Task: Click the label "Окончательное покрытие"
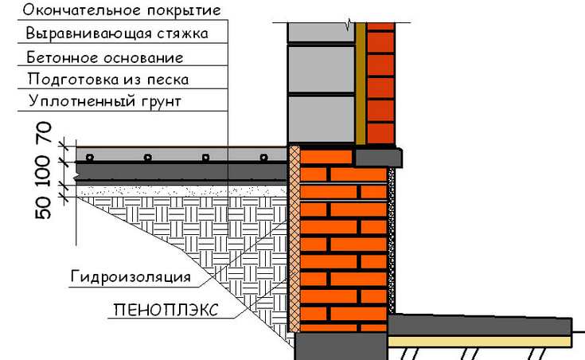click(122, 10)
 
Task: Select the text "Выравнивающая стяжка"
click(117, 33)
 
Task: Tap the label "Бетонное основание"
click(105, 57)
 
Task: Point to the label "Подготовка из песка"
click(108, 79)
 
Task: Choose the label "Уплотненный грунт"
click(105, 102)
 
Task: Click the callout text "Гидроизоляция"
click(131, 277)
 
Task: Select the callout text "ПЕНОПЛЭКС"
click(166, 310)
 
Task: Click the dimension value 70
click(43, 133)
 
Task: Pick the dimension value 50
click(43, 208)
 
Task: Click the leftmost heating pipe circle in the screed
click(89, 157)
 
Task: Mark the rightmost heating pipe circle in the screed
click(263, 157)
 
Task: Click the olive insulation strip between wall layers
click(360, 83)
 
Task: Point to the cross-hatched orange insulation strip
click(294, 239)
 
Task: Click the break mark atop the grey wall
click(349, 25)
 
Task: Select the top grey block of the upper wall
click(321, 33)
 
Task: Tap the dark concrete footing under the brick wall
click(341, 346)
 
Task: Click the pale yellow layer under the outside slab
click(480, 341)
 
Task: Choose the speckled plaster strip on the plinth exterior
click(391, 240)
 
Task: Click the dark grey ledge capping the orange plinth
click(378, 157)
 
